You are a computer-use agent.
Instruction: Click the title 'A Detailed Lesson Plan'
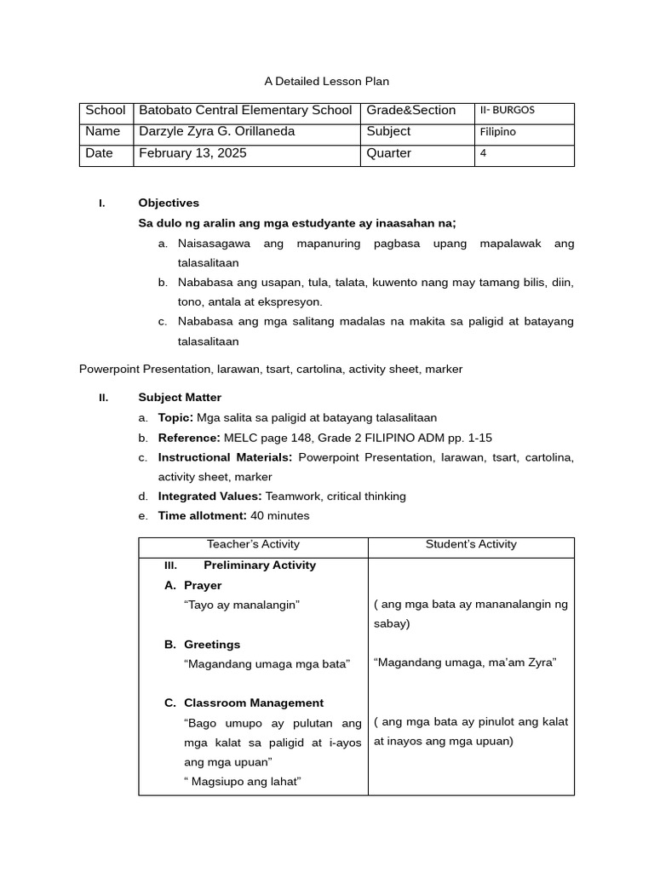coord(326,82)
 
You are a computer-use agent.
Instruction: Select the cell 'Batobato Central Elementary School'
coord(245,111)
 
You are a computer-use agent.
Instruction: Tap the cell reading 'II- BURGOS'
coord(508,111)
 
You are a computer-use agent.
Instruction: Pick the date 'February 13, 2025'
coord(192,154)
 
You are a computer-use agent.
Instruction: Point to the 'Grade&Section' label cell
coord(410,111)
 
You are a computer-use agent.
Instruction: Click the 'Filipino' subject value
coord(498,132)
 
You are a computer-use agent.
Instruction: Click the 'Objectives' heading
coord(169,204)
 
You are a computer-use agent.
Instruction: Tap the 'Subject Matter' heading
coord(180,398)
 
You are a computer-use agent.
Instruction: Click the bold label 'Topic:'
coord(175,418)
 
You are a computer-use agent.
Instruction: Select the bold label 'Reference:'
coord(189,438)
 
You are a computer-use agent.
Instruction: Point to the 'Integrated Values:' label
coord(209,496)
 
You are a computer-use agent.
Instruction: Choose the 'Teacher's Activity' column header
coord(253,545)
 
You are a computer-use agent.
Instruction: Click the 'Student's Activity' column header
coord(471,545)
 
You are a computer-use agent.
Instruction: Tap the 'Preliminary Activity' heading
coord(260,565)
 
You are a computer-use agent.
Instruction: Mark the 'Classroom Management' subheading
coord(253,703)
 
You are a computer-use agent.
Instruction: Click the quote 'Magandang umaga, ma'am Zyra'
coord(465,663)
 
